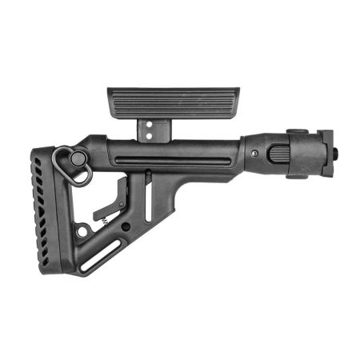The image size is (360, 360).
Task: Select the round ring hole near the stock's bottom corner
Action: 82,232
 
